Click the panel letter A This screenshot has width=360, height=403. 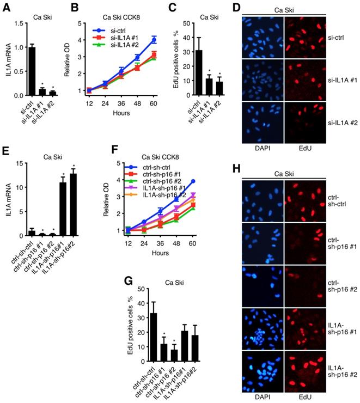(8, 7)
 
